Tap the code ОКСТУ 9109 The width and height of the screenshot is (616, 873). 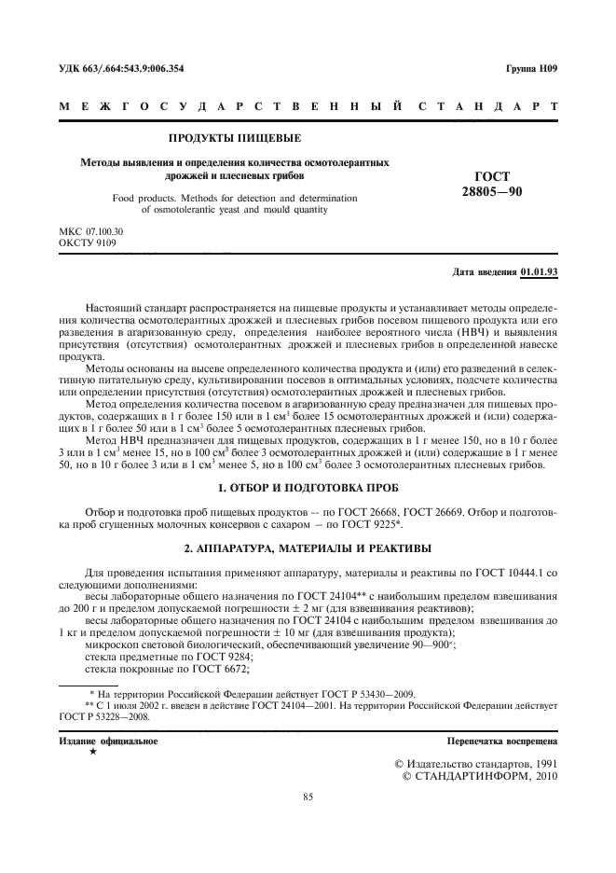click(x=85, y=242)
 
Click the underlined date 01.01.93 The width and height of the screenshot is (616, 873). click(x=539, y=272)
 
